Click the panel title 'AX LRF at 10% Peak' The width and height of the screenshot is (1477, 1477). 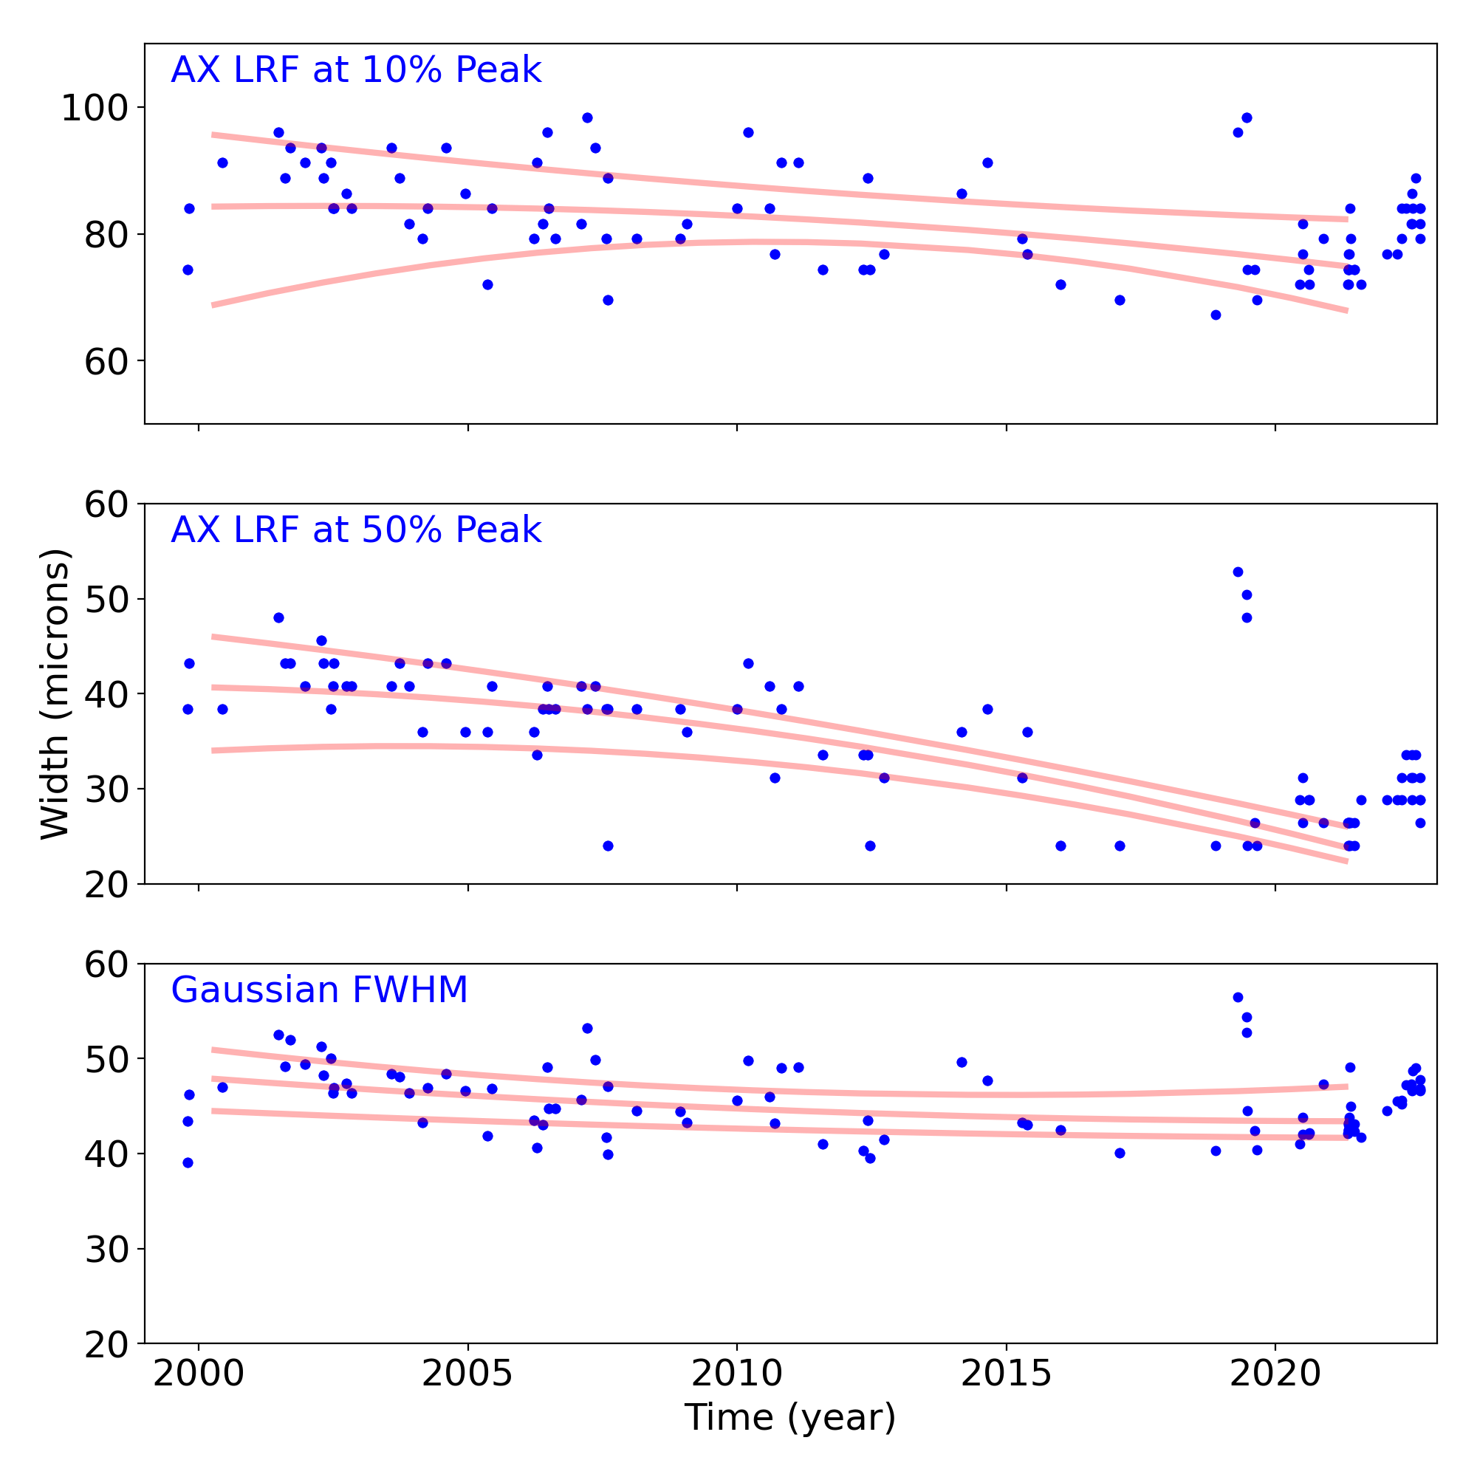tap(355, 70)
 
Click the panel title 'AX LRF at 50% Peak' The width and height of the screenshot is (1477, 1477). tap(355, 530)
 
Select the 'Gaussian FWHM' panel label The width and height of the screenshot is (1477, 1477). tap(319, 990)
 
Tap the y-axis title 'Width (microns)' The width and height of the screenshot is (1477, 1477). tap(55, 694)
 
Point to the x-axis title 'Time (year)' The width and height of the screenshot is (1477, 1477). tap(789, 1417)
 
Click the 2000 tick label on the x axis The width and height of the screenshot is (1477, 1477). tap(199, 1374)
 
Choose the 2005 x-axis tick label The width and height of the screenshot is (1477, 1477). tap(468, 1374)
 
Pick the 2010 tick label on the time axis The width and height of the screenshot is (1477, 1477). tap(737, 1374)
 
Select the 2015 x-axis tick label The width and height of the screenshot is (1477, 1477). tap(1006, 1374)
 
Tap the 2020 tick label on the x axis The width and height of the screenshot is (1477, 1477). tap(1275, 1374)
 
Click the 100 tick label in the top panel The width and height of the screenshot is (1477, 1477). tap(93, 108)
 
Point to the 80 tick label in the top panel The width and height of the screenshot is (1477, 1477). tap(106, 235)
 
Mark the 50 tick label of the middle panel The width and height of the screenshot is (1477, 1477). tap(106, 600)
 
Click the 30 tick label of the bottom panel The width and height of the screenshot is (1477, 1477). tap(106, 1250)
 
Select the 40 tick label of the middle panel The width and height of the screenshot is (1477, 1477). tap(106, 694)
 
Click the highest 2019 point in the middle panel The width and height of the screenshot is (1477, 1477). tap(1238, 572)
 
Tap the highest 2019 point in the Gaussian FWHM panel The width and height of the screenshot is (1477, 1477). tap(1238, 998)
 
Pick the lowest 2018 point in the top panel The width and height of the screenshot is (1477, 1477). tap(1216, 315)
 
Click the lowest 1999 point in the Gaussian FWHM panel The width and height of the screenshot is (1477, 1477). tap(188, 1163)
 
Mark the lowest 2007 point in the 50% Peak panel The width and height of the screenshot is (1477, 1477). tap(608, 846)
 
